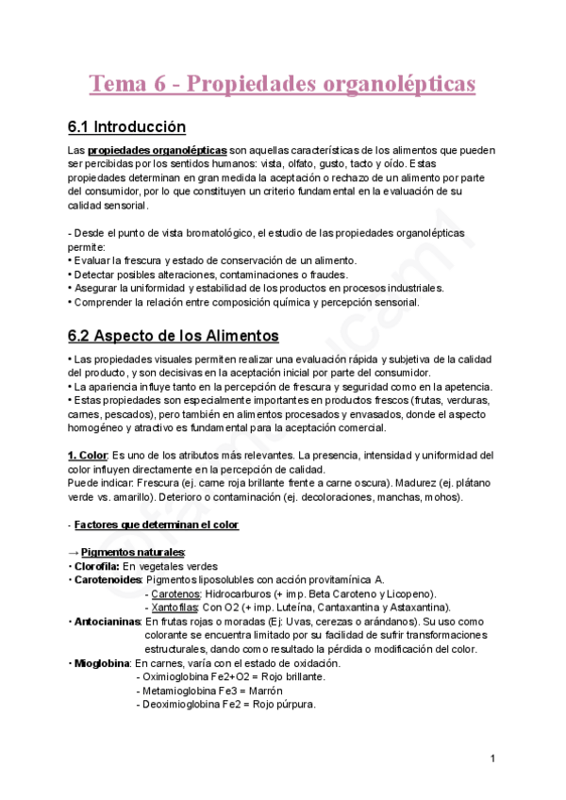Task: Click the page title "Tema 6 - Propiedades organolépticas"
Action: tap(282, 84)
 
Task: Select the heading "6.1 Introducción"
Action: tap(126, 127)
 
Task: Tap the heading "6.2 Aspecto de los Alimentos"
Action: tap(173, 335)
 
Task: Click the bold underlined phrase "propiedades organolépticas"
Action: tap(157, 151)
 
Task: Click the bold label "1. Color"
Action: tap(88, 456)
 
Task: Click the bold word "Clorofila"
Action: tap(98, 566)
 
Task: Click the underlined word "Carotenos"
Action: tap(175, 593)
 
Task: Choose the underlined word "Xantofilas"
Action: tap(175, 608)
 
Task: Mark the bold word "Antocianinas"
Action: tap(107, 622)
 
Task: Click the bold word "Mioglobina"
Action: tap(101, 663)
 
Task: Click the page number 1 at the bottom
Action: tap(492, 759)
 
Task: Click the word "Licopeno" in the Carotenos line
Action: tap(408, 593)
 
